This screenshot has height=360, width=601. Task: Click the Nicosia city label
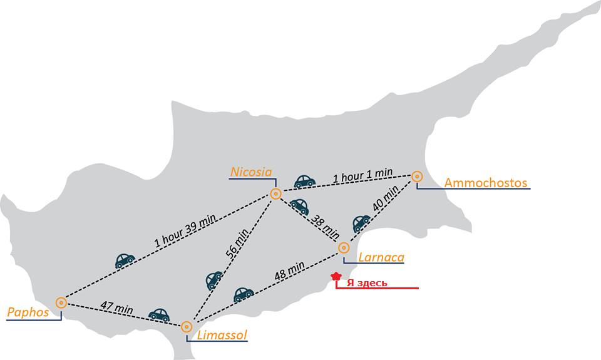pos(251,172)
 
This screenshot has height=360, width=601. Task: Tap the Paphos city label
pos(28,312)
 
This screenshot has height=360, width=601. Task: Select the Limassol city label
pos(222,335)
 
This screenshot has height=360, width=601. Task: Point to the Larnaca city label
pos(381,257)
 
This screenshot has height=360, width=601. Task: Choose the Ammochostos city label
pos(486,183)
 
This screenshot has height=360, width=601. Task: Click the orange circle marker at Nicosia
pos(275,193)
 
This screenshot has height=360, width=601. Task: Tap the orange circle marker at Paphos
pos(61,303)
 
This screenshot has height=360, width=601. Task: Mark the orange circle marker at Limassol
pos(187,327)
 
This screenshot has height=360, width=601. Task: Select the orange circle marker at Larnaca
pos(344,248)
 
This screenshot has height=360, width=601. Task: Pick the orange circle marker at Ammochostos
pos(417,177)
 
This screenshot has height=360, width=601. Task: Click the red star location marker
pos(336,275)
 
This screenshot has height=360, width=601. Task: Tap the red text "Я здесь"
pos(367,283)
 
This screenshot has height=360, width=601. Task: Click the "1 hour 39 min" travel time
pos(185,230)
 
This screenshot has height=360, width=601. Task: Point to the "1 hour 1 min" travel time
pos(362,175)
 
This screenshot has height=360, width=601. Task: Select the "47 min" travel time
pos(117,307)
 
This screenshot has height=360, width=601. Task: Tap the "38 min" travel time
pos(325,227)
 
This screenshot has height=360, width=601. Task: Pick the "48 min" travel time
pos(290,270)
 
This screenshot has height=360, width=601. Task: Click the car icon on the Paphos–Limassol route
pos(159,314)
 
